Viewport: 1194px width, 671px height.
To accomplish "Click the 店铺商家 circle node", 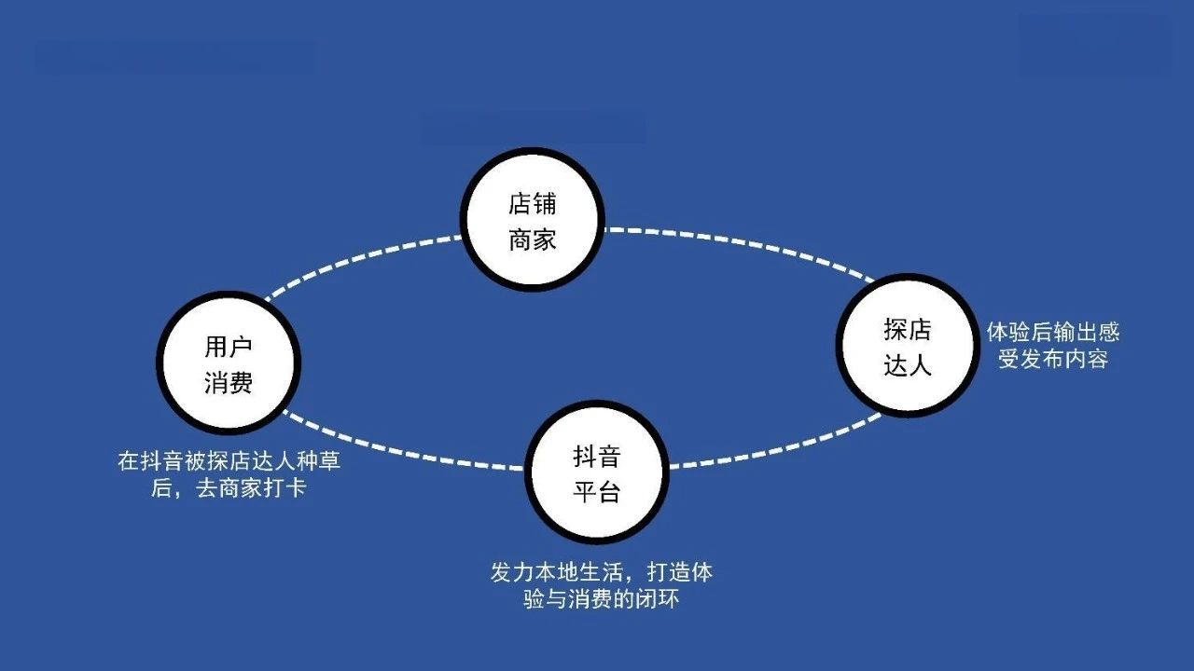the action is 532,219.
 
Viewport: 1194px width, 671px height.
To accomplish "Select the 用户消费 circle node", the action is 229,363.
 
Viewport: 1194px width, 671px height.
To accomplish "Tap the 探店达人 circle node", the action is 908,346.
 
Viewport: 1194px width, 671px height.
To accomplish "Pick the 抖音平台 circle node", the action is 597,472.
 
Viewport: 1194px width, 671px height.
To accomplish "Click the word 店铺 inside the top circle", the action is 532,204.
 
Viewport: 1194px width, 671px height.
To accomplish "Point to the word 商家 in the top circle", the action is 532,240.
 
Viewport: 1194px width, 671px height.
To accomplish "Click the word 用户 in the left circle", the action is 229,347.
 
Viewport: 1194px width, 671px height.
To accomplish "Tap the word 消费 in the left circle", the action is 229,382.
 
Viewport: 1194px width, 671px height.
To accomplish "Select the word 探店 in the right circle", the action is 908,330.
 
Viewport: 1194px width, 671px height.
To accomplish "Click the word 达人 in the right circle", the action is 908,365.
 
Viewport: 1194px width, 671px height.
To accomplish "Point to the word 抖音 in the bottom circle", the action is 597,457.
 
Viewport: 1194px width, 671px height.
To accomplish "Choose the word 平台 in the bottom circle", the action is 597,491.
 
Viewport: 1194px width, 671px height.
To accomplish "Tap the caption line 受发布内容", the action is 1053,360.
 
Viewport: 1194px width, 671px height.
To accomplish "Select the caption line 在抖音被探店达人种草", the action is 229,461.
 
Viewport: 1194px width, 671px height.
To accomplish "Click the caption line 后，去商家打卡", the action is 229,488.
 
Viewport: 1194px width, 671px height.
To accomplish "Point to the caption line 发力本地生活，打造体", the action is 602,572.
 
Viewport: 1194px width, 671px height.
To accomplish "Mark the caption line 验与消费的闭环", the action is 602,599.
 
